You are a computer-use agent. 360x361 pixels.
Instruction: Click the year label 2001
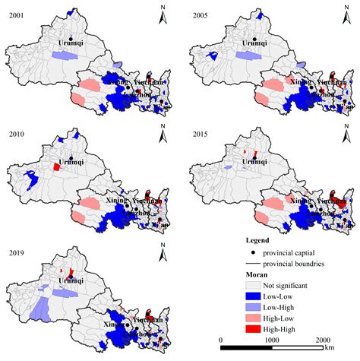point(13,14)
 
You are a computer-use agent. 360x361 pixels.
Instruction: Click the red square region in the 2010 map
point(55,166)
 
